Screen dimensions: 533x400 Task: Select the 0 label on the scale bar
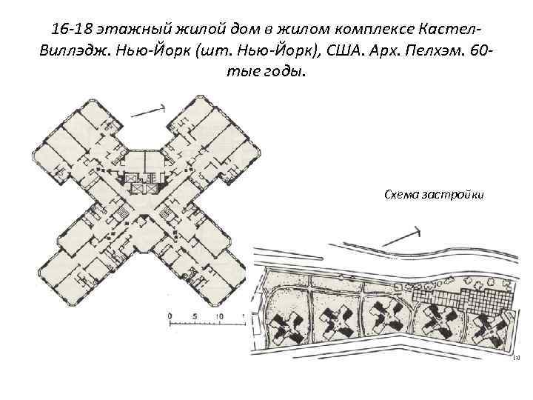click(171, 316)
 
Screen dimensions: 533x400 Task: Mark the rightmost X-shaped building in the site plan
click(486, 326)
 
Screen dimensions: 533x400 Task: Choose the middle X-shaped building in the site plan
click(386, 321)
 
